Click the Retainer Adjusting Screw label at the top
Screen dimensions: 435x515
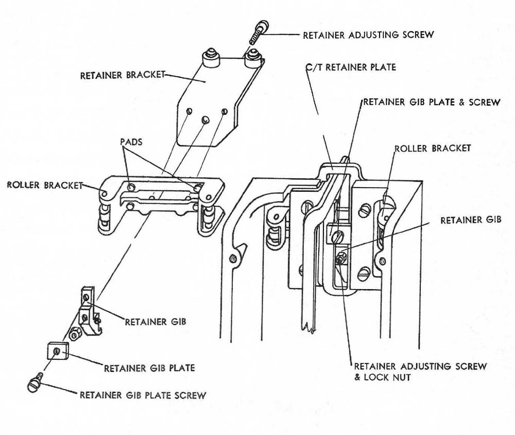(x=368, y=35)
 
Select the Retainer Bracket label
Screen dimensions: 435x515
(x=122, y=75)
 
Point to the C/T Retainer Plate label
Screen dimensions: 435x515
(x=351, y=68)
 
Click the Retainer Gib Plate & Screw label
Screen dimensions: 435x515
(x=432, y=102)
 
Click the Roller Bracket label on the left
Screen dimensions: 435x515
(x=45, y=185)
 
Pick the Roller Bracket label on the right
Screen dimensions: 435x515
(x=432, y=148)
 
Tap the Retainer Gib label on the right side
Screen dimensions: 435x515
(x=471, y=220)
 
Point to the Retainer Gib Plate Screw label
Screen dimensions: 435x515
(x=143, y=395)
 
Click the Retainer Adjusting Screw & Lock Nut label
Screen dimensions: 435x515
(x=420, y=372)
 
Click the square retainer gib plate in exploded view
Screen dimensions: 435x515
(x=56, y=352)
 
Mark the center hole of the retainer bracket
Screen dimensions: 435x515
(x=205, y=120)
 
